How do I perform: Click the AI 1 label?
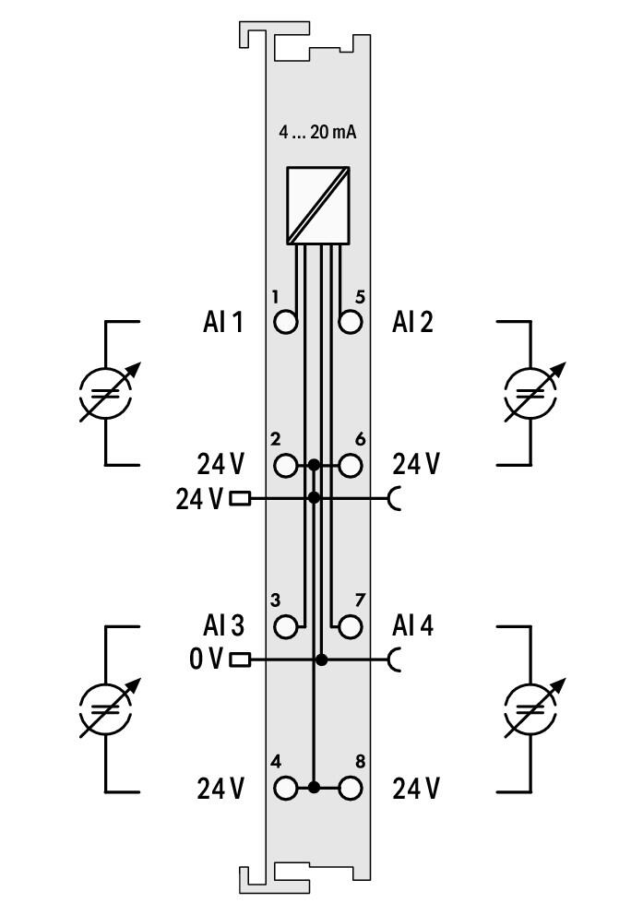point(223,322)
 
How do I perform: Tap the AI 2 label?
point(412,322)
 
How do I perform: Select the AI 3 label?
point(223,625)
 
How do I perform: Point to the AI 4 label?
point(413,625)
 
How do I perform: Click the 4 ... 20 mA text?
point(316,133)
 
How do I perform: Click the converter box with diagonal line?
point(318,206)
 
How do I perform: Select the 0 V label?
point(206,660)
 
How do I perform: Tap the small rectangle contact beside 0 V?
point(240,660)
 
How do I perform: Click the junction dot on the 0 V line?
point(321,660)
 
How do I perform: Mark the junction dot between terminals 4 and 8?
point(314,788)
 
